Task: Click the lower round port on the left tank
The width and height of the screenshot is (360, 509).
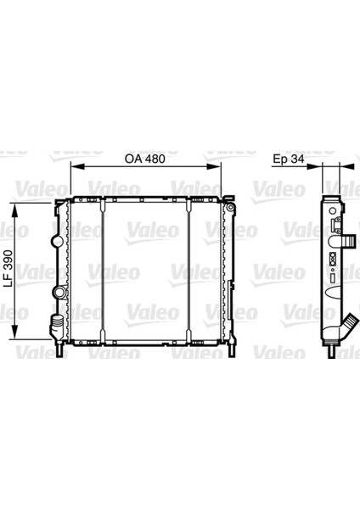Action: click(x=59, y=293)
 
